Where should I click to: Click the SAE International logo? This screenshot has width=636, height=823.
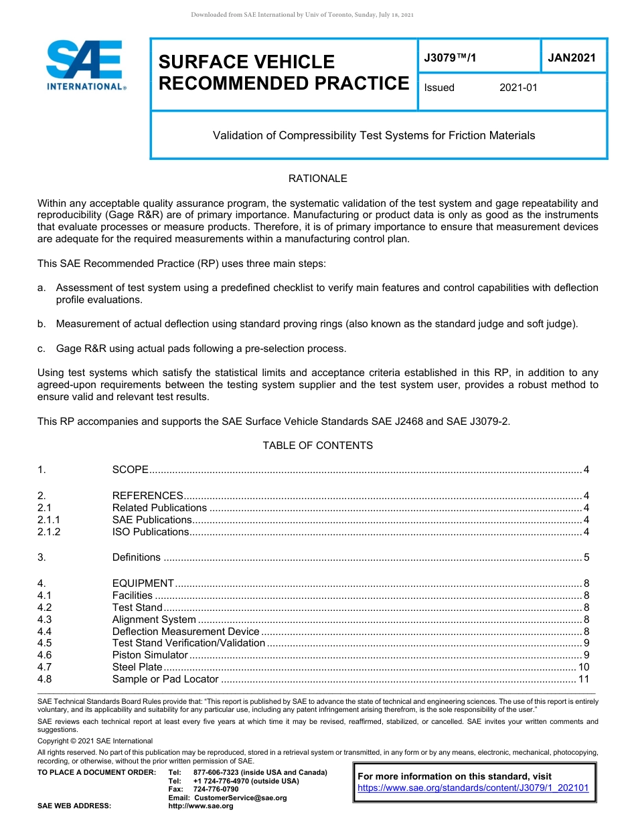tap(86, 66)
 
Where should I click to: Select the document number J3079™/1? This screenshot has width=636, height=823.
tap(450, 58)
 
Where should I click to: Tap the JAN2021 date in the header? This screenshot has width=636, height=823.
tap(572, 58)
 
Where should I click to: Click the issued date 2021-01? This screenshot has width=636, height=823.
tap(518, 88)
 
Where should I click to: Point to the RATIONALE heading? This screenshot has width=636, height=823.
tap(317, 179)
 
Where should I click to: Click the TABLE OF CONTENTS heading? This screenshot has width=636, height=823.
tap(317, 446)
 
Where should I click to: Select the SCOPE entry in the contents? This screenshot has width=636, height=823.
tap(130, 470)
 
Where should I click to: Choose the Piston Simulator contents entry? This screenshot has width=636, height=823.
tap(150, 655)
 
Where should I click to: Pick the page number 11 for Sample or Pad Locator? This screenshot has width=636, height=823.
tap(583, 679)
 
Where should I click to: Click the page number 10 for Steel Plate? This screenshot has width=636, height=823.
tap(583, 667)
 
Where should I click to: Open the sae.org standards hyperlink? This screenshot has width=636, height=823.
tap(473, 788)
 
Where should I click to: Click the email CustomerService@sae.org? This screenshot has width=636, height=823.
tap(240, 798)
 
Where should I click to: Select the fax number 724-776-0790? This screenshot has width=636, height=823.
tap(216, 789)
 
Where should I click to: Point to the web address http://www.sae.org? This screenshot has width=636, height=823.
tap(201, 806)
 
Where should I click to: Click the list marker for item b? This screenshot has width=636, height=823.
tap(42, 324)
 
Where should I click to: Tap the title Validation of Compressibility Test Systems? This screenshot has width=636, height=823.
tap(374, 136)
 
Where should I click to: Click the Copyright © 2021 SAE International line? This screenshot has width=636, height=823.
tap(95, 741)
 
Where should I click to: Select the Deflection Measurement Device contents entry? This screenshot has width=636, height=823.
tap(185, 632)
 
